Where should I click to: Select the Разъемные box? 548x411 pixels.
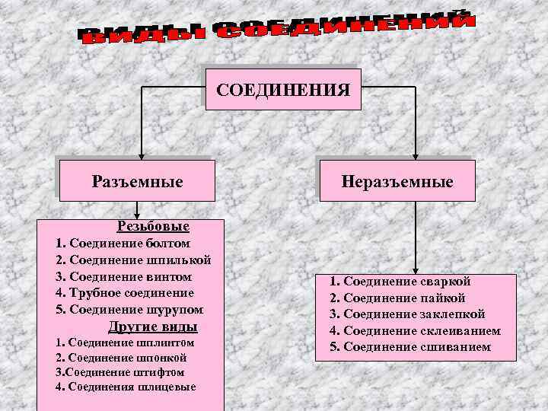pyautogui.click(x=137, y=182)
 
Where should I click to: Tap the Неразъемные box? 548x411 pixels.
pyautogui.click(x=397, y=182)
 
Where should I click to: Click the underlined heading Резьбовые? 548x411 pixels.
pyautogui.click(x=153, y=226)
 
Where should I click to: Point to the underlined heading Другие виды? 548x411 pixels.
pyautogui.click(x=153, y=327)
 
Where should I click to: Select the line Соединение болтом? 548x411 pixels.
pyautogui.click(x=123, y=244)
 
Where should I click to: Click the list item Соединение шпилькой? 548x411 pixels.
pyautogui.click(x=133, y=260)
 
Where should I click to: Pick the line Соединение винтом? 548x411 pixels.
pyautogui.click(x=123, y=276)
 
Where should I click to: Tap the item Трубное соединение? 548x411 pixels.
pyautogui.click(x=125, y=293)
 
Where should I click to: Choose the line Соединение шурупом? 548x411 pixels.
pyautogui.click(x=129, y=310)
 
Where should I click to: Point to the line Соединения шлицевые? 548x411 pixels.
pyautogui.click(x=126, y=387)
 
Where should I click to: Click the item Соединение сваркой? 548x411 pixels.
pyautogui.click(x=400, y=282)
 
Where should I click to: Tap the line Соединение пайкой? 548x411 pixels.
pyautogui.click(x=397, y=298)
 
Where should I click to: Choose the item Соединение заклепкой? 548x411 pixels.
pyautogui.click(x=407, y=314)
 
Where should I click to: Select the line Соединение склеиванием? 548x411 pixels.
pyautogui.click(x=415, y=331)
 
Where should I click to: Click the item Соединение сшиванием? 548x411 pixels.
pyautogui.click(x=410, y=347)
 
